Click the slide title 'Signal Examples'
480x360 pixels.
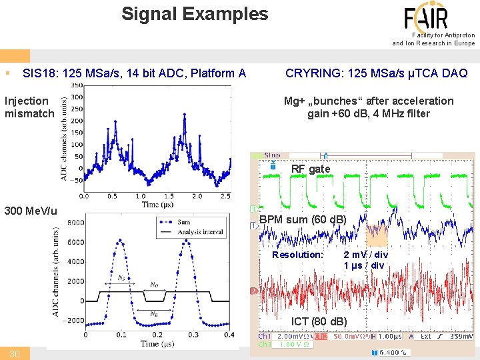click(x=195, y=14)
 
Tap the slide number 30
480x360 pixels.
click(x=14, y=353)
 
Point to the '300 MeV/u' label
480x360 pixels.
click(x=31, y=211)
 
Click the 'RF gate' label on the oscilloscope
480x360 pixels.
click(x=310, y=169)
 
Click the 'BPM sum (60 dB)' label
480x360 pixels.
click(x=302, y=219)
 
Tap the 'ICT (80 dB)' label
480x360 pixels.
click(x=319, y=322)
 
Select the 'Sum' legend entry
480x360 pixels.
click(x=184, y=222)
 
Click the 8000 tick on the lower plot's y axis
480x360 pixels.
click(x=75, y=222)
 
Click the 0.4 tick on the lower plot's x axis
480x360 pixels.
click(x=228, y=335)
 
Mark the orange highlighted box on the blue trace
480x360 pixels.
click(x=377, y=234)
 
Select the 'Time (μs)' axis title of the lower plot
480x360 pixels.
click(x=157, y=343)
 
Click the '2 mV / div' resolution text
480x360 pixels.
click(x=365, y=255)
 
